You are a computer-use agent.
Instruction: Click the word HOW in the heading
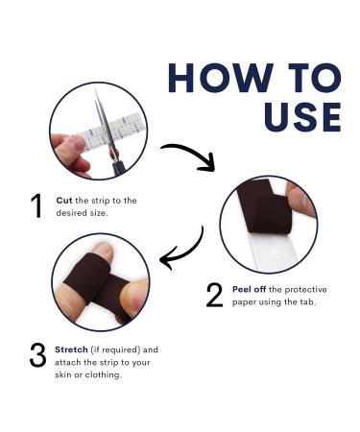221,78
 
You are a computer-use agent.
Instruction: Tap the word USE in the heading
302,117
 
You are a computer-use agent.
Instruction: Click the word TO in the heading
315,78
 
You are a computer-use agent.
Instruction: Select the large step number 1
36,205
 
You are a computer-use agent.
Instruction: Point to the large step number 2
214,296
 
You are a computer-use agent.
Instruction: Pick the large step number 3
37,354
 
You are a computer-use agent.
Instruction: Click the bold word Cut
64,201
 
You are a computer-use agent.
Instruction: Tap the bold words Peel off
249,290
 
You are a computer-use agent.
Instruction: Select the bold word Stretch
71,349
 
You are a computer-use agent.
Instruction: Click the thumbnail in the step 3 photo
105,251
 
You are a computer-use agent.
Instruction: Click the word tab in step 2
307,302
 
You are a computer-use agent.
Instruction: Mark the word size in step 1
99,213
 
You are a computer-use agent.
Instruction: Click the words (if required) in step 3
115,349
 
